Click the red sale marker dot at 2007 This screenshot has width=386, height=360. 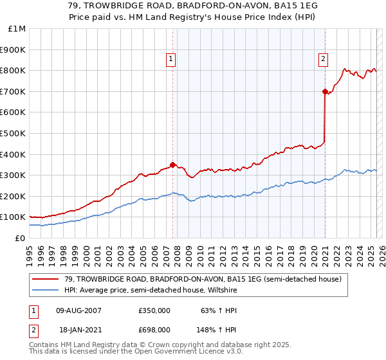172,165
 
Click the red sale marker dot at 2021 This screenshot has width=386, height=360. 325,91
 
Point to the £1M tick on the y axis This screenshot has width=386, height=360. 17,28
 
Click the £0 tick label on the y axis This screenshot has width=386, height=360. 21,238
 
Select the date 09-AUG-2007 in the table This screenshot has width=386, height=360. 78,310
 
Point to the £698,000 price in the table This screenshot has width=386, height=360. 154,329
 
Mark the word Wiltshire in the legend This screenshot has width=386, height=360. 223,290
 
